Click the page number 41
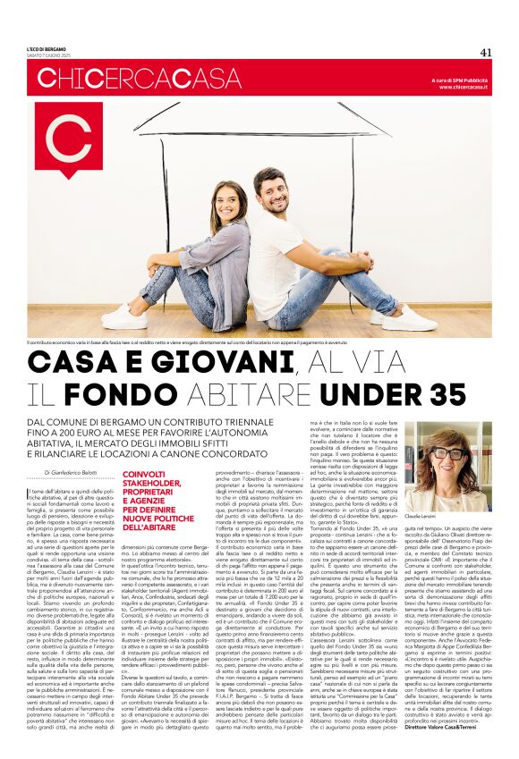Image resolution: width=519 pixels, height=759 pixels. pos(486,52)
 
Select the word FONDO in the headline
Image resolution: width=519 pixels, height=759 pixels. pos(147,393)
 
